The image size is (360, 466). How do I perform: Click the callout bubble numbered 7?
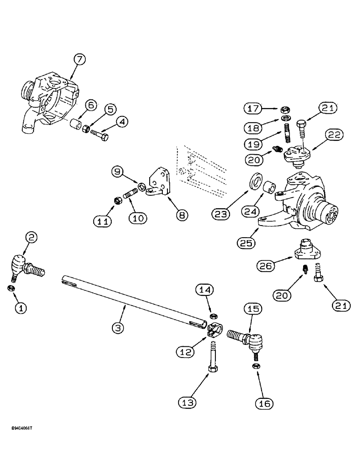[x=80, y=59]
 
